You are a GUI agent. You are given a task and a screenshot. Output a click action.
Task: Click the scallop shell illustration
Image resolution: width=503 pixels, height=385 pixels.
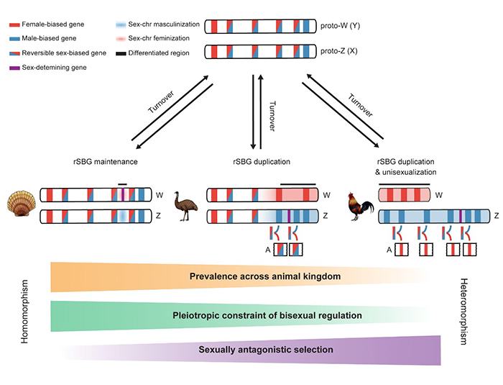pyautogui.click(x=21, y=204)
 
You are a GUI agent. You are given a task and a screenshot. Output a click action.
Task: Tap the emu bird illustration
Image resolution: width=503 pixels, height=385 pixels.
pyautogui.click(x=185, y=206)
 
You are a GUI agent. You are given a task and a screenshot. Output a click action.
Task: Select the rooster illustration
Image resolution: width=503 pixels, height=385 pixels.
pyautogui.click(x=361, y=207)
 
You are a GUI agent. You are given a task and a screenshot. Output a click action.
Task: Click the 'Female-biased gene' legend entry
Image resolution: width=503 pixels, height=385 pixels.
pyautogui.click(x=47, y=24)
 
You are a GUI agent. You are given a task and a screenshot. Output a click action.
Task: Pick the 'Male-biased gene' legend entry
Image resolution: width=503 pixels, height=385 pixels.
pyautogui.click(x=43, y=39)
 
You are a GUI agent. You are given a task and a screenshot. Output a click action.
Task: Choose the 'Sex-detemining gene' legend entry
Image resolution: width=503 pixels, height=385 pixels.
pyautogui.click(x=48, y=68)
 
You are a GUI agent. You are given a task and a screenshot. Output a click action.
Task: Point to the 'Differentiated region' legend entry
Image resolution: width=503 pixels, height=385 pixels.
pyautogui.click(x=152, y=53)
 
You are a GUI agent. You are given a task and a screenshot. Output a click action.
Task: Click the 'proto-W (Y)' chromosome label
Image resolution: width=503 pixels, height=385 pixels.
pyautogui.click(x=341, y=26)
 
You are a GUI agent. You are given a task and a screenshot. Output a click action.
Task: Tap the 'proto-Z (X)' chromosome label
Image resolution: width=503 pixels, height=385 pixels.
pyautogui.click(x=339, y=51)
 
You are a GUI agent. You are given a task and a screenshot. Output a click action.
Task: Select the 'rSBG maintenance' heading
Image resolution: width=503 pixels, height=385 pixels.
pyautogui.click(x=106, y=162)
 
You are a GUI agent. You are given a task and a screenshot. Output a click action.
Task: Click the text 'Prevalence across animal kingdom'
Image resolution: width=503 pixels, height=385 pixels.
pyautogui.click(x=265, y=276)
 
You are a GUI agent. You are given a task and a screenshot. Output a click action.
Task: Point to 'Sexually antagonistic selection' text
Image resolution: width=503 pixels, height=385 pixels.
pyautogui.click(x=266, y=350)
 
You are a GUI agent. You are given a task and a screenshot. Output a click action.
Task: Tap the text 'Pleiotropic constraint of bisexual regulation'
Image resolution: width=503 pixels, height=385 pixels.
pyautogui.click(x=267, y=316)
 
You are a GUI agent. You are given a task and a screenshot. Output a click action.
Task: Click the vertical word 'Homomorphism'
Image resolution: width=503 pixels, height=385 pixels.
pyautogui.click(x=24, y=312)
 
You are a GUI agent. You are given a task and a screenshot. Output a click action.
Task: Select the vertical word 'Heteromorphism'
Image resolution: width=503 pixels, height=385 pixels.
pyautogui.click(x=464, y=312)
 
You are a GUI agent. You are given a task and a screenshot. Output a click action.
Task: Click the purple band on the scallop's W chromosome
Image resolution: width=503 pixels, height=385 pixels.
pyautogui.click(x=123, y=195)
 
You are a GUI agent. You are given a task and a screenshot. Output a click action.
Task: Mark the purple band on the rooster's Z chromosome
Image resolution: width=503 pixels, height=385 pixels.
pyautogui.click(x=461, y=216)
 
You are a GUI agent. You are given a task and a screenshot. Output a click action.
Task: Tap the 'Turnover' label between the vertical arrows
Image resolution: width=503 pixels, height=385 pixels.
pyautogui.click(x=272, y=116)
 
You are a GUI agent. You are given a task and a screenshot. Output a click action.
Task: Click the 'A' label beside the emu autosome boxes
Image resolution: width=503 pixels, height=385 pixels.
pyautogui.click(x=268, y=250)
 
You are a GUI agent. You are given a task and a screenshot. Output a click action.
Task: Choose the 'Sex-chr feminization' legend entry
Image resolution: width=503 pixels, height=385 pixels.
pyautogui.click(x=152, y=38)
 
